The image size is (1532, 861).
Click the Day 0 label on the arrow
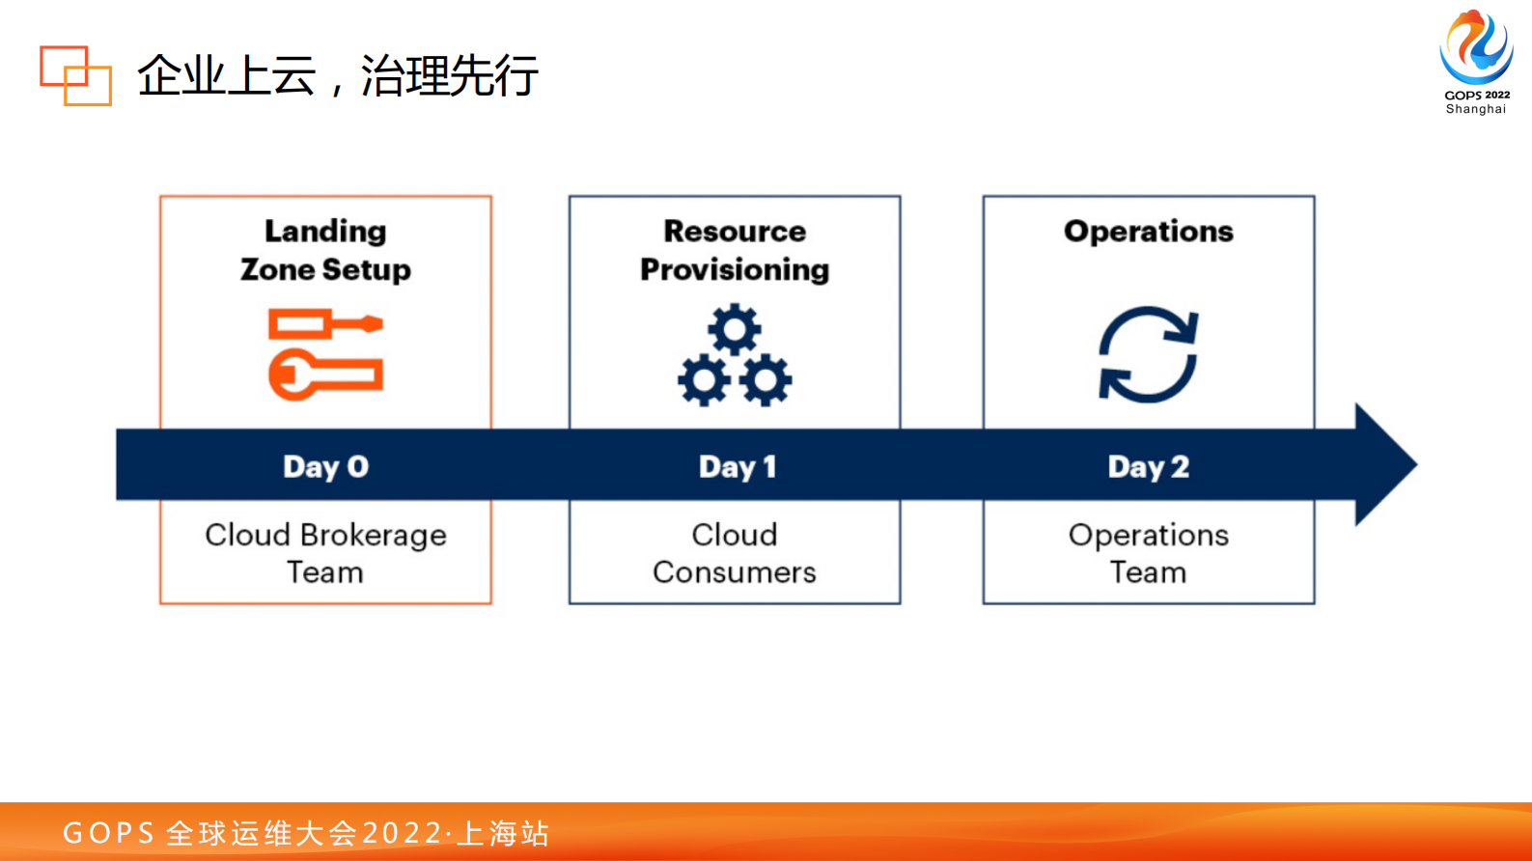coord(325,467)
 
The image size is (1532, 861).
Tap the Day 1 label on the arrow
coord(738,467)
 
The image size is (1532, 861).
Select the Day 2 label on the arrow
coord(1148,467)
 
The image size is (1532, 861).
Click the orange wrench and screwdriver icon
coord(326,354)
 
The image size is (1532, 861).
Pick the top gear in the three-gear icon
coord(735,329)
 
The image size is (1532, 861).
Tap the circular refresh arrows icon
coord(1148,354)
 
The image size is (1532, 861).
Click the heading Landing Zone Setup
coord(325,250)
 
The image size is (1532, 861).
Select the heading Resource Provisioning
coord(735,250)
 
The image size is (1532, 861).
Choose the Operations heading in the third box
coord(1148,232)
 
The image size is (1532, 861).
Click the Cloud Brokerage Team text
coord(325,553)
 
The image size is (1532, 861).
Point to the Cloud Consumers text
coord(735,553)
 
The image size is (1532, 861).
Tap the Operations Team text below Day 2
coord(1148,553)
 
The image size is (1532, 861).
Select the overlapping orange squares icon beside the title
coord(75,75)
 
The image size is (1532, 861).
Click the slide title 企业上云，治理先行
coord(337,75)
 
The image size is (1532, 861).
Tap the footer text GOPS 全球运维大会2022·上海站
coord(305,833)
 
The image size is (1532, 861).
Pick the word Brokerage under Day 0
coord(373,535)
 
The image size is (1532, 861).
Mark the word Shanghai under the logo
coord(1476,109)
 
